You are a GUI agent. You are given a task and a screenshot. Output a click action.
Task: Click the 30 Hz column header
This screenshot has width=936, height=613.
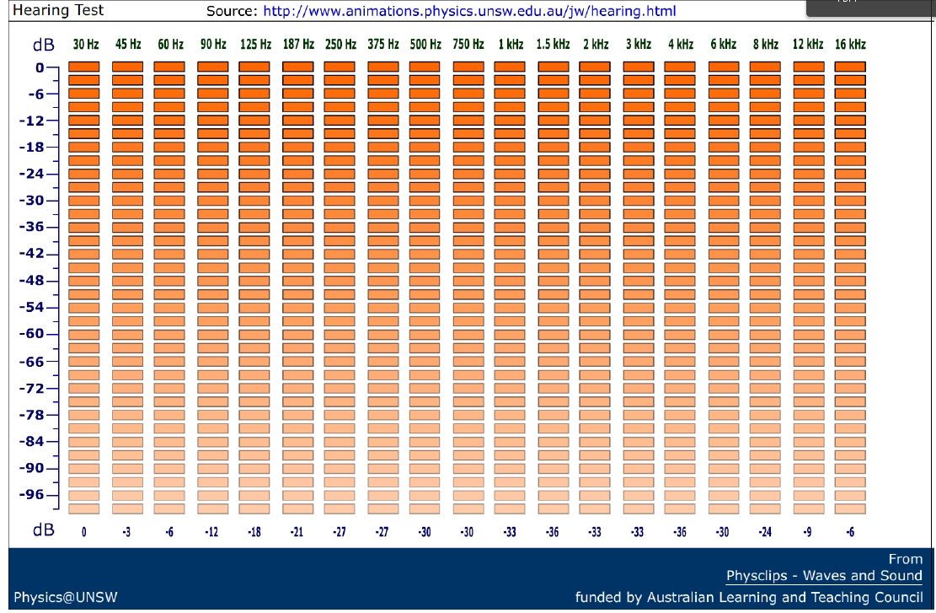85,44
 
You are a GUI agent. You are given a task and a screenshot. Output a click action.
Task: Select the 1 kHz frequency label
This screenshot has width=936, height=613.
510,44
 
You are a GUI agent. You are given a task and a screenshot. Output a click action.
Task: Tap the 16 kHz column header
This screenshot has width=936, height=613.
851,44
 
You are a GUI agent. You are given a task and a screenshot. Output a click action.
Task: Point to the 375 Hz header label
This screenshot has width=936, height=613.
382,44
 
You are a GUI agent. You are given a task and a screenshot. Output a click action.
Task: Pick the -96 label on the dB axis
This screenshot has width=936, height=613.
34,495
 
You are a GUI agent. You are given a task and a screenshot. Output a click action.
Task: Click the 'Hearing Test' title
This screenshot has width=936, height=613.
58,11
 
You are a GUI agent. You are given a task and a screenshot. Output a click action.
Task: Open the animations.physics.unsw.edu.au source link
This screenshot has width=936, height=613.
469,12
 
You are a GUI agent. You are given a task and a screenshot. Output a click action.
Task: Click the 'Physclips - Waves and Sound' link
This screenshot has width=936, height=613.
824,576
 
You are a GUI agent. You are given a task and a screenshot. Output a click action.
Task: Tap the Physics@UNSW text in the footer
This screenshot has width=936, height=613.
65,598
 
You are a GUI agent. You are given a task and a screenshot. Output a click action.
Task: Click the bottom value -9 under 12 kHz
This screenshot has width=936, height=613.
807,532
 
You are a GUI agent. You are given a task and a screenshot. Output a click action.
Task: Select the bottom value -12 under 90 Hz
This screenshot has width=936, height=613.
212,532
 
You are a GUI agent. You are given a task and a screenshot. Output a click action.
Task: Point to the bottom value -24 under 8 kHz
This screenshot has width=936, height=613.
765,532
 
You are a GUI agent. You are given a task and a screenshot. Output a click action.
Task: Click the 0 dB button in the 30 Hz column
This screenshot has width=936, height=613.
84,67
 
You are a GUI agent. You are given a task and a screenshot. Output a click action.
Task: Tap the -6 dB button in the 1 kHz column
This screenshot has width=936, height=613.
510,94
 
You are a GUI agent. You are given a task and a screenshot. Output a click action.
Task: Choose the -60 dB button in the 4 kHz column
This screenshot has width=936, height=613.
681,334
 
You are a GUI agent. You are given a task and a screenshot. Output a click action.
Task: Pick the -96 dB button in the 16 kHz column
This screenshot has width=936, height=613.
851,495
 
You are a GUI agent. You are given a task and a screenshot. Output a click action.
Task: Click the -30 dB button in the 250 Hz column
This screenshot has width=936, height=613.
340,201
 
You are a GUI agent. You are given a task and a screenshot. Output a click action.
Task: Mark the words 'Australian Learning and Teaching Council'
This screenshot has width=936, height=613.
785,598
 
